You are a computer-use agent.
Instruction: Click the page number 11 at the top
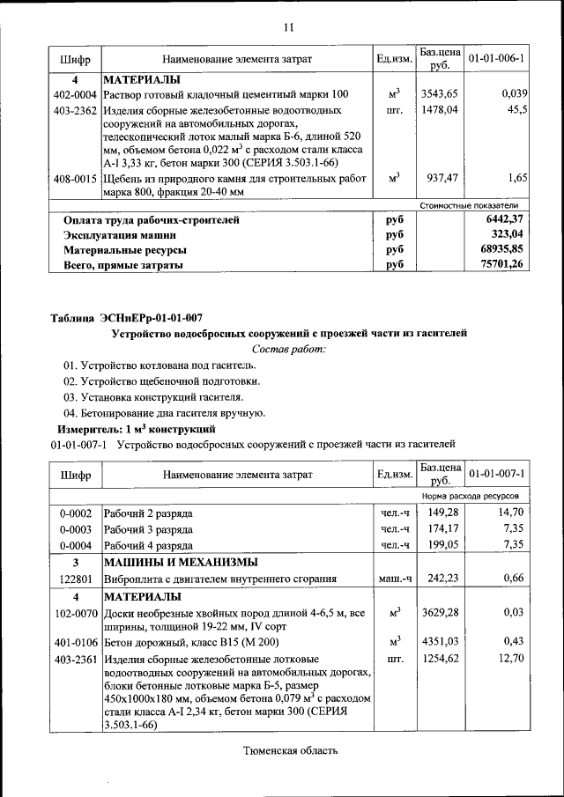point(287,27)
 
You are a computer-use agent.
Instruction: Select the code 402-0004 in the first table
point(75,94)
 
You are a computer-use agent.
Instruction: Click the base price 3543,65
point(438,94)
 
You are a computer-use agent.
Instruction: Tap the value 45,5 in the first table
point(516,111)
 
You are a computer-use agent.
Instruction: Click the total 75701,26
point(505,264)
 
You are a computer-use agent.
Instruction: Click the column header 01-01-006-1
point(496,59)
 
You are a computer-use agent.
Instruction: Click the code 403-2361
point(75,658)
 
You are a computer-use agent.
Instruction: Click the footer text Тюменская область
point(290,750)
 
